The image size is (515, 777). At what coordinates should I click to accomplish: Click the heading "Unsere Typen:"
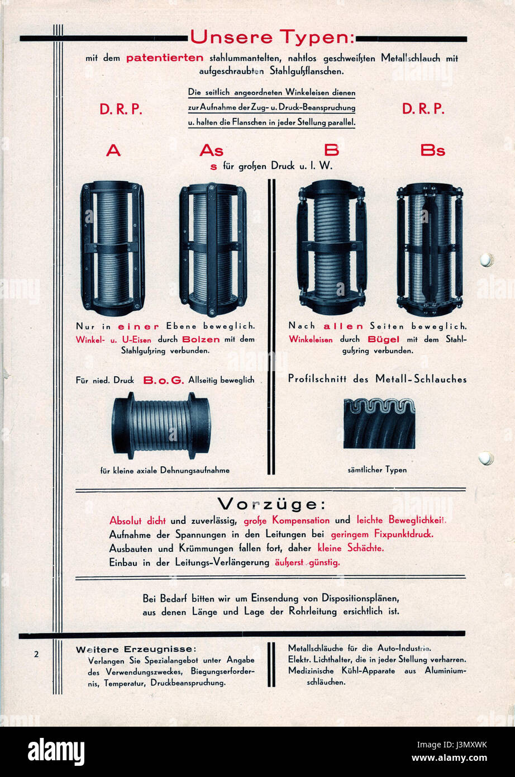click(x=271, y=37)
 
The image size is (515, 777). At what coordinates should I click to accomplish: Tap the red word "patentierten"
click(x=165, y=58)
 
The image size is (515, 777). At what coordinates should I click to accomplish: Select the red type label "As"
click(x=211, y=150)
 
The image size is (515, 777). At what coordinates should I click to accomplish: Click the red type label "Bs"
click(x=432, y=150)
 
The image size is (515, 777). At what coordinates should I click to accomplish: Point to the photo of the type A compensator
click(x=112, y=248)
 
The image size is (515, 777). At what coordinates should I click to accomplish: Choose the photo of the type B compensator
click(x=331, y=247)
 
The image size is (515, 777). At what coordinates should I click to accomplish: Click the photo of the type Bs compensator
click(x=430, y=249)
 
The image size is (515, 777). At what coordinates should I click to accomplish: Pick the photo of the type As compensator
click(x=213, y=249)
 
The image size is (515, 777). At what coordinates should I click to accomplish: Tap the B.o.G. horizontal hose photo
click(x=161, y=426)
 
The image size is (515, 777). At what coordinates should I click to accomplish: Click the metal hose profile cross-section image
click(x=379, y=423)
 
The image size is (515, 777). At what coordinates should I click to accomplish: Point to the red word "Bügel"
click(x=383, y=339)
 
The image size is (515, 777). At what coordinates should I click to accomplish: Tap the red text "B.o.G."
click(x=163, y=380)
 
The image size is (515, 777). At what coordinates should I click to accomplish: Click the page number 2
click(x=36, y=655)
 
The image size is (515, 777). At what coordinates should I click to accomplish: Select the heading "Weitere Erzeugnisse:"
click(x=136, y=649)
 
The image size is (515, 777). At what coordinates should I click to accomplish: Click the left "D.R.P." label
click(x=121, y=110)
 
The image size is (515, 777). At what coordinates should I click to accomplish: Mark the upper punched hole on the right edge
click(x=486, y=260)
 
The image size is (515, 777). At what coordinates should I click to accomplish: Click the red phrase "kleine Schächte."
click(x=350, y=548)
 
